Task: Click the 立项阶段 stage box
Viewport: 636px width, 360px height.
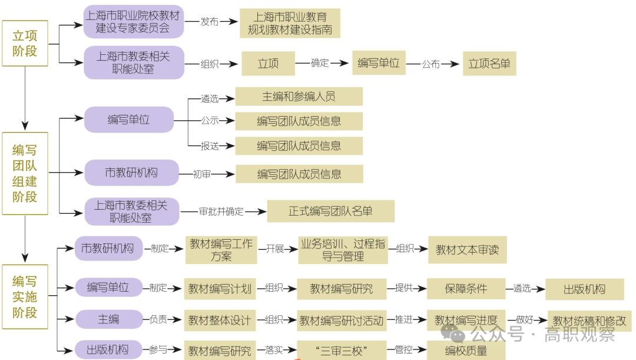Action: click(x=25, y=44)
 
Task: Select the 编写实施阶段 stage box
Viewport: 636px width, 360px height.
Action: click(x=25, y=296)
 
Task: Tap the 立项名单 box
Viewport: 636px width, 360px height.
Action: click(x=489, y=64)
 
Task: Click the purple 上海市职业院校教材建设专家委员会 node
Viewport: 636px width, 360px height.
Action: click(x=134, y=21)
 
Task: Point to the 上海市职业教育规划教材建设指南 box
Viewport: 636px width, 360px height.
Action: click(x=290, y=24)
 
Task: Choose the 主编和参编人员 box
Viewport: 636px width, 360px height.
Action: click(x=299, y=96)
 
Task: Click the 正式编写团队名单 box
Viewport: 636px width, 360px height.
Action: click(x=330, y=211)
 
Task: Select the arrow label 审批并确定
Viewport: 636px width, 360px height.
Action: click(x=221, y=211)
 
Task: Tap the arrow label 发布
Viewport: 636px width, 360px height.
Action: click(x=209, y=21)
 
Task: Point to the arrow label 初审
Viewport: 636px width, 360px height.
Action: click(x=202, y=174)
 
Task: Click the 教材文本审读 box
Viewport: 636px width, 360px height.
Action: click(x=467, y=249)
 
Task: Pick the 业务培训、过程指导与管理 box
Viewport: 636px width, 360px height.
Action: click(x=342, y=250)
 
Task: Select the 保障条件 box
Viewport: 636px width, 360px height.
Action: click(x=465, y=289)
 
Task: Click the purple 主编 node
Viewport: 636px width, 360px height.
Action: click(x=109, y=319)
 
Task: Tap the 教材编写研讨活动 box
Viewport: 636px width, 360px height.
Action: click(x=342, y=321)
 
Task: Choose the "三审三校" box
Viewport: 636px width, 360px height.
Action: click(x=342, y=351)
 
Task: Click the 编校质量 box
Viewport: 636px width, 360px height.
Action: click(x=465, y=351)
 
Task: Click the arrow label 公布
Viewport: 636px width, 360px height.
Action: click(x=430, y=64)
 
